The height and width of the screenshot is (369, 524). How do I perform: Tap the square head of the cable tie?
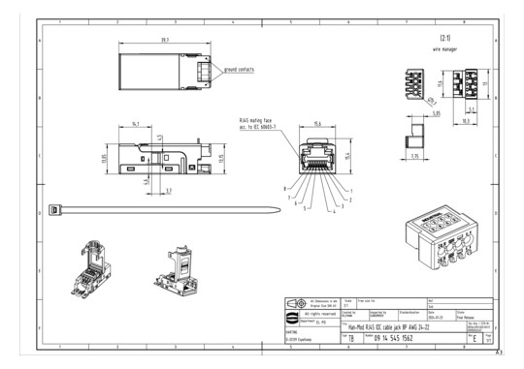54,209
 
